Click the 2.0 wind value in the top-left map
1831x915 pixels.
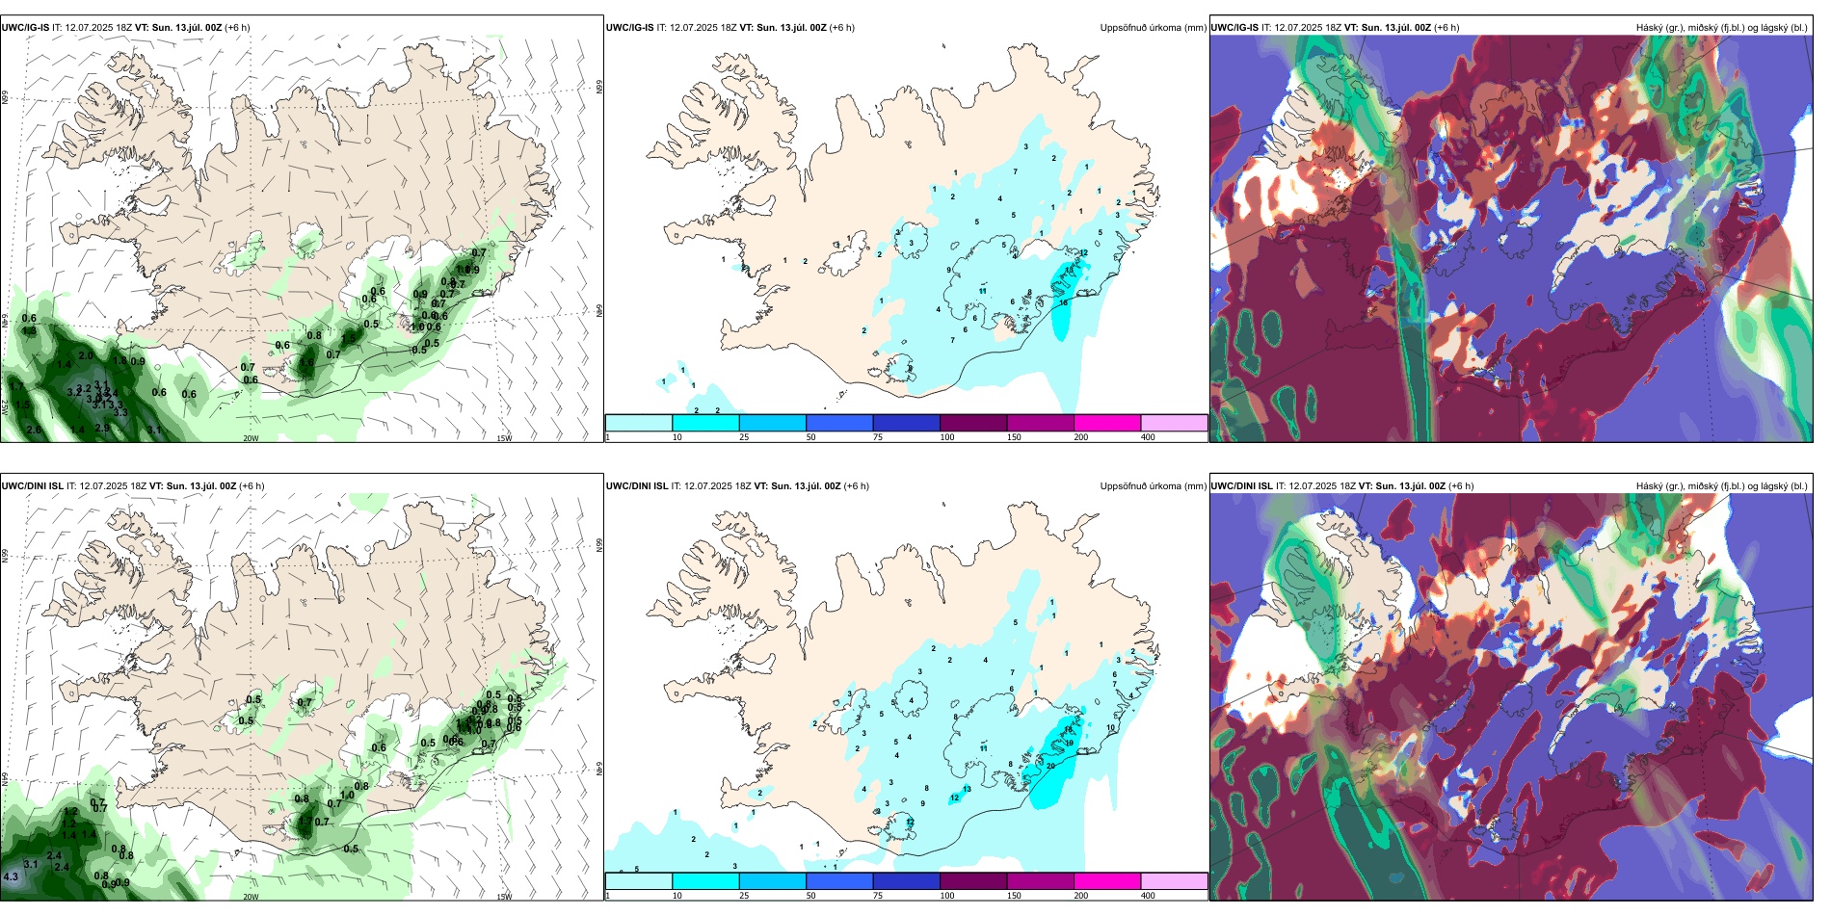coord(86,356)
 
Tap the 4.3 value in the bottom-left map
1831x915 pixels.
coord(11,877)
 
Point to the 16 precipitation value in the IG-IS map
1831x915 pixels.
coord(1063,303)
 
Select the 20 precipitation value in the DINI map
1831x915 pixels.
coord(1050,767)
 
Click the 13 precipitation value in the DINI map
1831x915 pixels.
coord(967,789)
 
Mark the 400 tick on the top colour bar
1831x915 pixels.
coord(1148,437)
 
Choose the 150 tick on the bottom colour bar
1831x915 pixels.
coord(1014,896)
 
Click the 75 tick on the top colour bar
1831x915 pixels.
coord(878,437)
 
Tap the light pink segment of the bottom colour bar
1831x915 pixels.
coord(1174,881)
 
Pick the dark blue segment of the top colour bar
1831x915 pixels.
coord(906,423)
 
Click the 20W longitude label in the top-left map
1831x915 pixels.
coord(251,438)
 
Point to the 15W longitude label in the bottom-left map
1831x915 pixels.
coord(504,897)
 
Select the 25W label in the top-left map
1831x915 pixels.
coord(5,407)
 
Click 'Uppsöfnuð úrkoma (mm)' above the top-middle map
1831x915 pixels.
coord(1153,28)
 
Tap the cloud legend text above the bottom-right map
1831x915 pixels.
coord(1721,486)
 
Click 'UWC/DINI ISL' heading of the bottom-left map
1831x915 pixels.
coord(32,486)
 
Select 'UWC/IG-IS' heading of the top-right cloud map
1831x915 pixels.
coord(1234,28)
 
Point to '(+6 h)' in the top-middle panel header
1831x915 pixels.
coord(841,28)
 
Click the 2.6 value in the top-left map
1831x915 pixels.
coord(34,430)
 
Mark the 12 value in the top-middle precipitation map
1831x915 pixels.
coord(1083,253)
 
